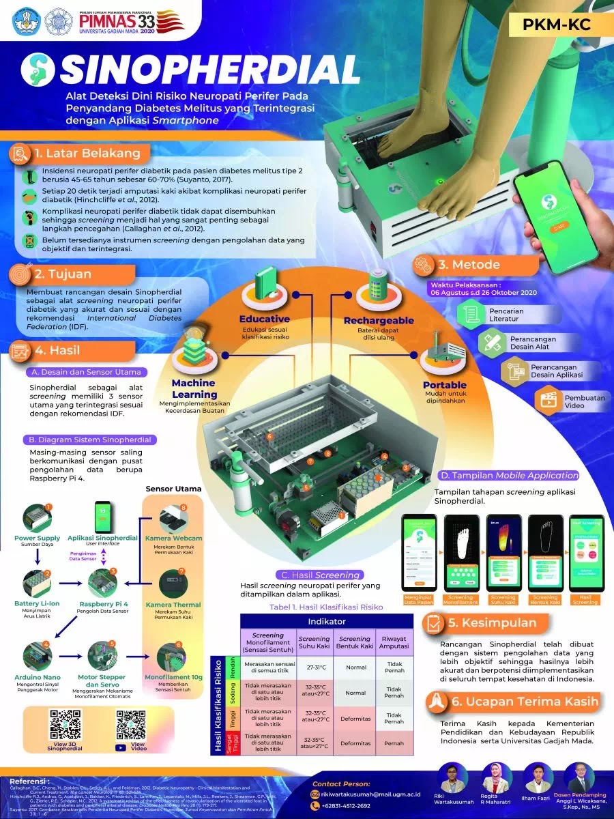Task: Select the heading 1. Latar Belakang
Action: [x=88, y=153]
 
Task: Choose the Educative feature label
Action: [x=264, y=319]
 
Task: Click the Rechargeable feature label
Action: [x=379, y=320]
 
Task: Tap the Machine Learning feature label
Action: [x=194, y=388]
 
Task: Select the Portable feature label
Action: [x=444, y=385]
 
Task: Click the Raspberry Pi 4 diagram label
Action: [x=104, y=604]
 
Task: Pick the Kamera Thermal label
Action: [x=173, y=604]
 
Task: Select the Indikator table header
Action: [x=327, y=622]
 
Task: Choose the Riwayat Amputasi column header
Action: [x=394, y=644]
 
